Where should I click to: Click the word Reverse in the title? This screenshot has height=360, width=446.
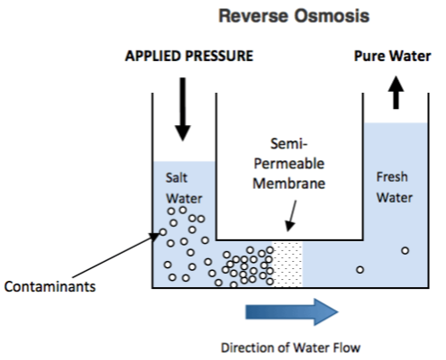254,15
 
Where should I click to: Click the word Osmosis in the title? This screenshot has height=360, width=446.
332,15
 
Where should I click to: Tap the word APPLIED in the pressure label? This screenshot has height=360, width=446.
153,56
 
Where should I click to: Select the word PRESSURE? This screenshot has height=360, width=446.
219,56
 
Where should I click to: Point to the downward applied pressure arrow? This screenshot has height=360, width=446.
183,109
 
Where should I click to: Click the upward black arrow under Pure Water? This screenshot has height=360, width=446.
396,93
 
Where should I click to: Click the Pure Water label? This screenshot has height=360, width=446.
393,56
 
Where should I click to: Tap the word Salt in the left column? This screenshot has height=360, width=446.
177,177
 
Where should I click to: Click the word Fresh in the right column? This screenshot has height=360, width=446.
392,176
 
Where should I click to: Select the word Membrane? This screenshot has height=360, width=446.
289,184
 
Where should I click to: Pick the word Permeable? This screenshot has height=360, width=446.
289,164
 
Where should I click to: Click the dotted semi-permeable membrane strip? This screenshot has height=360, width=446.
287,264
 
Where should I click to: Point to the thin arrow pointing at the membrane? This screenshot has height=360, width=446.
291,216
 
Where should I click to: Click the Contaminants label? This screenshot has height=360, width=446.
50,286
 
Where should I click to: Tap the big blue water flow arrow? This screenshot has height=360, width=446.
292,312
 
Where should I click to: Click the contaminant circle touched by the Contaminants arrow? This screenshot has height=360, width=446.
163,232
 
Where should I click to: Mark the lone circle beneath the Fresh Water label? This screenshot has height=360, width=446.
405,250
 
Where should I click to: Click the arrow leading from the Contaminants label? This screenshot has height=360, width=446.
116,255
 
